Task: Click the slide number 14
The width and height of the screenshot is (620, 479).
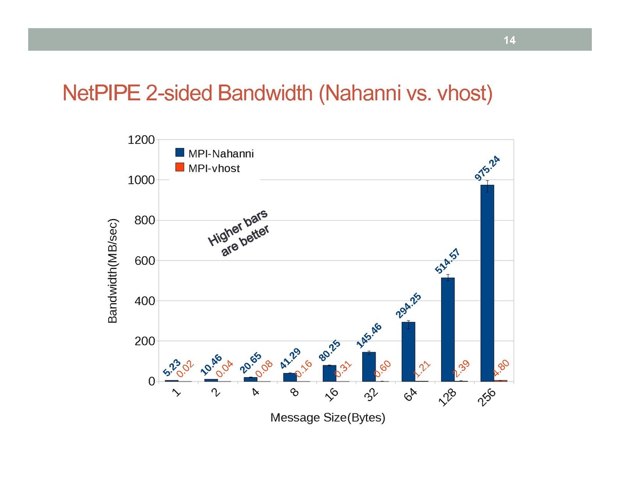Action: click(x=510, y=40)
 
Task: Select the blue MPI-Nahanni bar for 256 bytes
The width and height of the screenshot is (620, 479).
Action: click(x=487, y=282)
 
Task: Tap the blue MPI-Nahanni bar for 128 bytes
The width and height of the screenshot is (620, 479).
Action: click(x=447, y=329)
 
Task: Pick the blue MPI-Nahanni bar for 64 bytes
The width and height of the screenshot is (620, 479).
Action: click(x=408, y=351)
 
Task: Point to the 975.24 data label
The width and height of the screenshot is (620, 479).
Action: click(x=487, y=168)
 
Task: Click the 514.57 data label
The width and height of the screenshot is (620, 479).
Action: click(x=447, y=261)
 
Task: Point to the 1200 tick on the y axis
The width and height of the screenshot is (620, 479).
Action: click(x=141, y=140)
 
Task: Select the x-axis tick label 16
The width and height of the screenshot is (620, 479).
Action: click(x=331, y=395)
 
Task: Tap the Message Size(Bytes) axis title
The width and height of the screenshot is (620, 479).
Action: click(x=328, y=418)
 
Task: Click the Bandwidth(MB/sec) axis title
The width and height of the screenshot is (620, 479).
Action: click(x=112, y=271)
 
